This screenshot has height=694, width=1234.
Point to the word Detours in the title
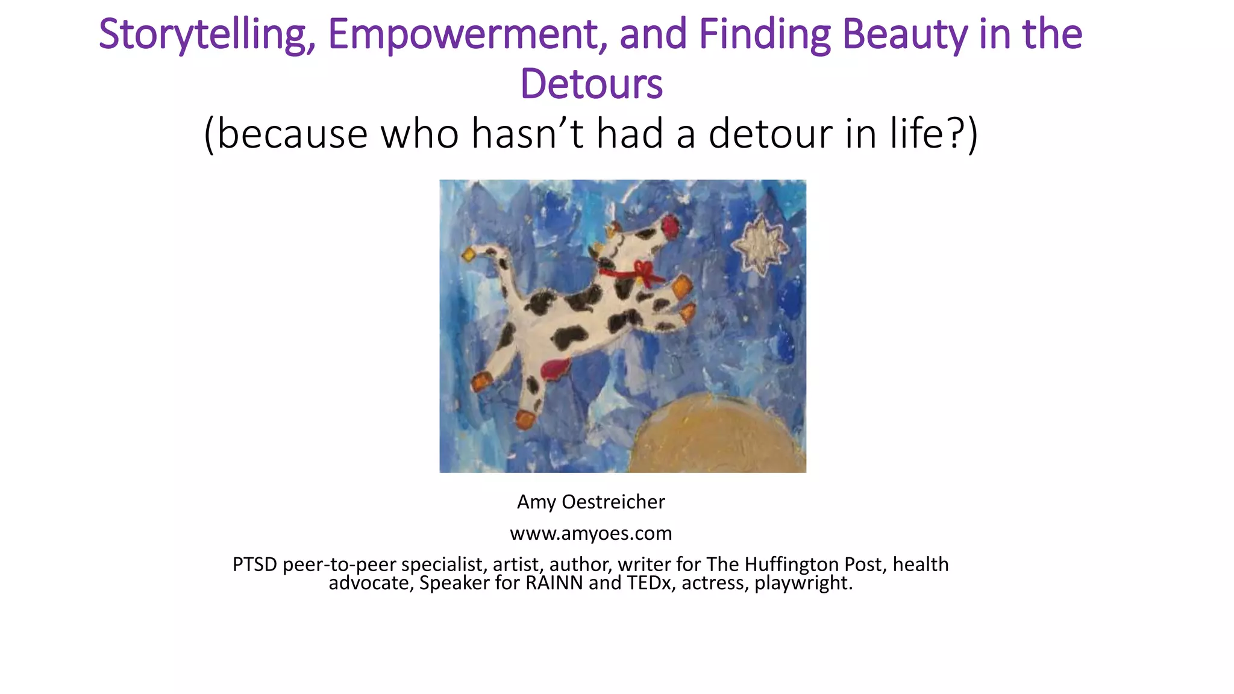pyautogui.click(x=591, y=84)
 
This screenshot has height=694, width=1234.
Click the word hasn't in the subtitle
pyautogui.click(x=527, y=133)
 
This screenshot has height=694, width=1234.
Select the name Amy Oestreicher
pyautogui.click(x=590, y=502)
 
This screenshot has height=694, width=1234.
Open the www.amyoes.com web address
pyautogui.click(x=590, y=533)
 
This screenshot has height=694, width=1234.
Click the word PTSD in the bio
pyautogui.click(x=255, y=564)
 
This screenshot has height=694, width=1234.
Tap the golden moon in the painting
pyautogui.click(x=717, y=437)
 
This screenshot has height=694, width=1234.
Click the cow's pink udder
pyautogui.click(x=555, y=368)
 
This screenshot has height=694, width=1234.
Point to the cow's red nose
pyautogui.click(x=669, y=227)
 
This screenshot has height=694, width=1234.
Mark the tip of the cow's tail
pyautogui.click(x=469, y=255)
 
